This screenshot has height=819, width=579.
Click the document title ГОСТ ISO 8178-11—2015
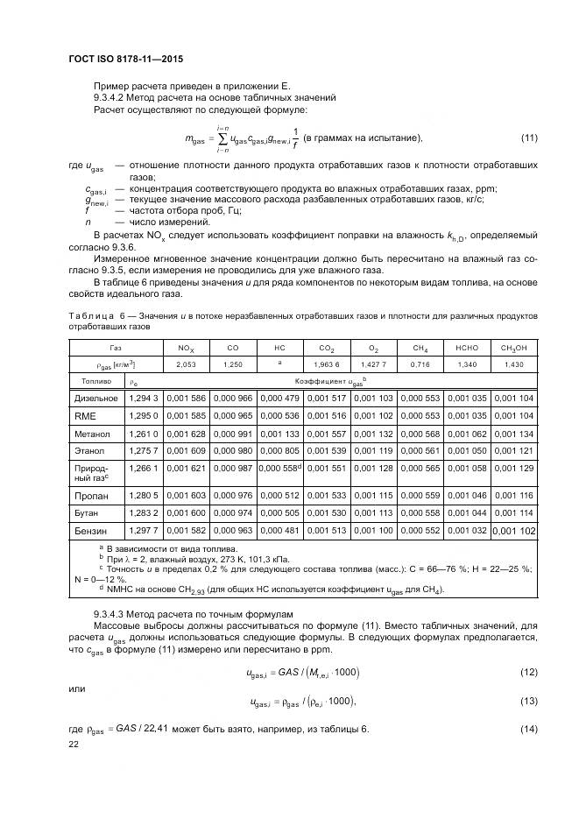point(131,60)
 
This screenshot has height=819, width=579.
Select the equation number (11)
point(528,138)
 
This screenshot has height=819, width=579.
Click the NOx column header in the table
point(186,348)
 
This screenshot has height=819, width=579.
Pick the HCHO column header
point(466,348)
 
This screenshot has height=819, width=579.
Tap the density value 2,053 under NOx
point(186,364)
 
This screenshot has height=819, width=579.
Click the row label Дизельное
point(95,399)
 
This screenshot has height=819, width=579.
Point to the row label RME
point(85,416)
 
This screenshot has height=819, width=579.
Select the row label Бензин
point(89,531)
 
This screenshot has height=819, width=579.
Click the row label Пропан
point(90,496)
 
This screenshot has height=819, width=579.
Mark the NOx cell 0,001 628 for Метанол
point(186,434)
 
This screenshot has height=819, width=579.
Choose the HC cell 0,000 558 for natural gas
point(279,469)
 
